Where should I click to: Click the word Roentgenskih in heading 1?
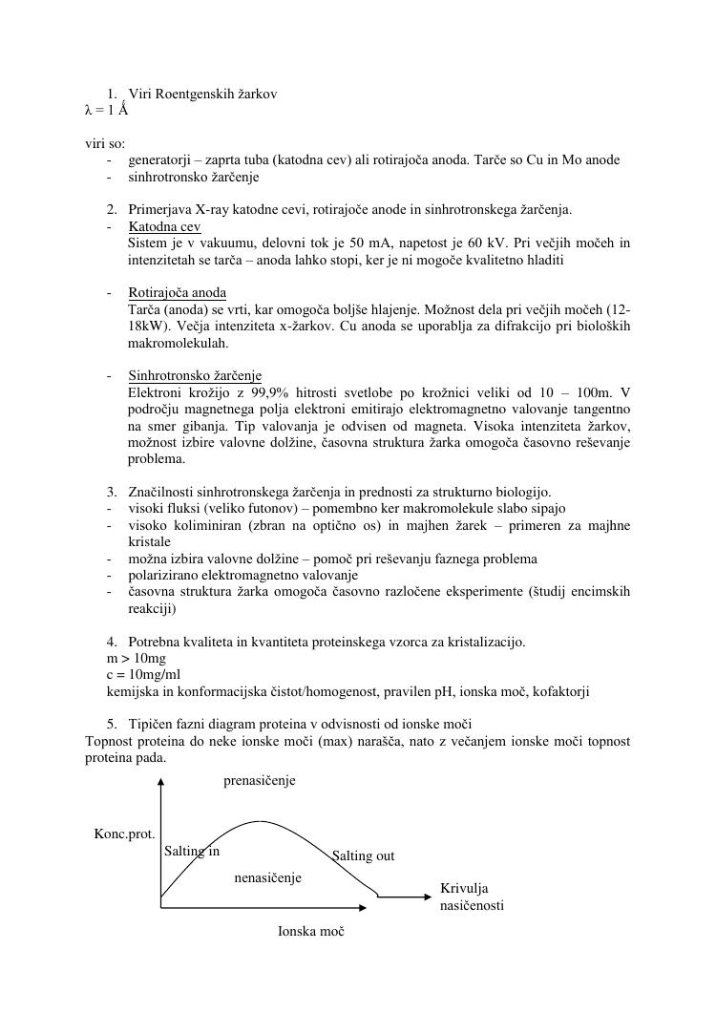click(x=187, y=94)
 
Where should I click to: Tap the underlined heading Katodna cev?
click(x=164, y=227)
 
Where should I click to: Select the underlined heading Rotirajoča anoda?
click(x=177, y=292)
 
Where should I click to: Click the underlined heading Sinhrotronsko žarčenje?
click(x=195, y=376)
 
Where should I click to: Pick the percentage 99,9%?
click(x=268, y=392)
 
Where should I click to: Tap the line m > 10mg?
click(x=136, y=659)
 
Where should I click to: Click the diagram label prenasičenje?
click(x=260, y=781)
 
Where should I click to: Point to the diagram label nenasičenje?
click(x=268, y=877)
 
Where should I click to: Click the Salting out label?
click(x=363, y=856)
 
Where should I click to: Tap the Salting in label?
click(x=192, y=851)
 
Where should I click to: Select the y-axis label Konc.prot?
click(x=124, y=834)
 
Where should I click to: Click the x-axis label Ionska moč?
click(x=310, y=931)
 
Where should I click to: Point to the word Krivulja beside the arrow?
click(x=464, y=889)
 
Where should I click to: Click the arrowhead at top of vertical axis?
click(x=161, y=783)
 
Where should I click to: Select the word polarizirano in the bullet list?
click(x=167, y=576)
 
